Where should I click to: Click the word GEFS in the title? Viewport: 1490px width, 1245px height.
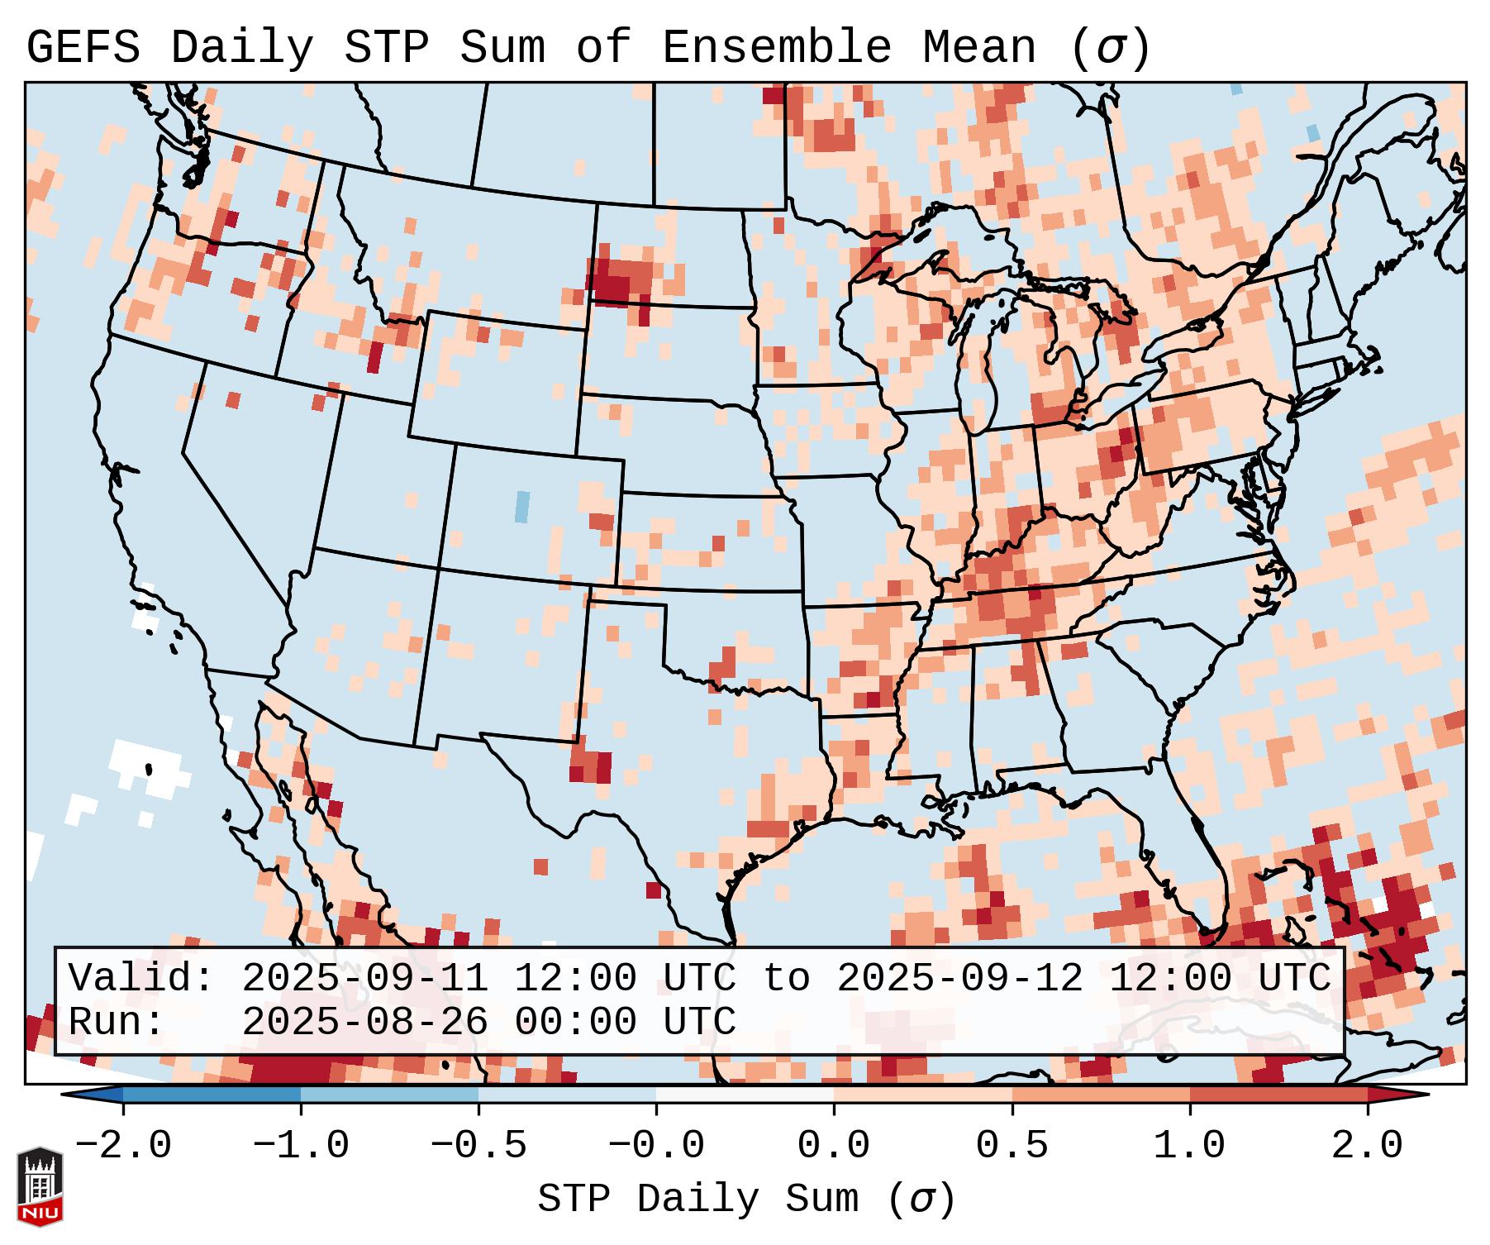pos(83,48)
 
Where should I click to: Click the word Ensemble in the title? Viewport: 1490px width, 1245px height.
pos(777,48)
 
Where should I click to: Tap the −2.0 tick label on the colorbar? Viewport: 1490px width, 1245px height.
pos(123,1146)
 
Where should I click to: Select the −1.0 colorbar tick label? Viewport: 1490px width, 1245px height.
pos(301,1146)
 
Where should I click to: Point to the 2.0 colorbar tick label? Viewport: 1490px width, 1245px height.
pos(1368,1146)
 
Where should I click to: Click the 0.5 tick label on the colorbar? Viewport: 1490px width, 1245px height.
pos(1012,1146)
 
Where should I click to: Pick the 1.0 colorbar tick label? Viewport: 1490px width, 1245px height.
pos(1190,1146)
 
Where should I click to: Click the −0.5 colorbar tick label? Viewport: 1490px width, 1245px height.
pos(478,1146)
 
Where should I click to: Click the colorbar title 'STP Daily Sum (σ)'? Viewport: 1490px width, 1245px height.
pos(746,1200)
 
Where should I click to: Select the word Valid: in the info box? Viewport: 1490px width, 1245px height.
pos(141,978)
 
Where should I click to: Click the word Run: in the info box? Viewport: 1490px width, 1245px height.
pos(117,1022)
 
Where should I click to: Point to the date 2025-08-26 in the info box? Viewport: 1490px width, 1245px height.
pos(364,1022)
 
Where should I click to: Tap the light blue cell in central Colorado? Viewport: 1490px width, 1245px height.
pos(521,507)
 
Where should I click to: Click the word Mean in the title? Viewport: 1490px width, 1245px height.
pos(979,48)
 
